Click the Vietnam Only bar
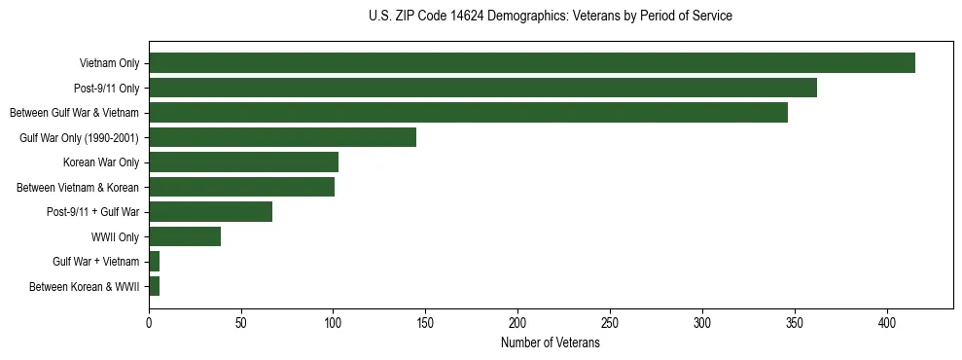pos(532,63)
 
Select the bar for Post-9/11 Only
pos(482,88)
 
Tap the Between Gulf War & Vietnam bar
pos(468,113)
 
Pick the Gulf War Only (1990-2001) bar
pos(282,137)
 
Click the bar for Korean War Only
pos(243,162)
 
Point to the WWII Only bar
pos(185,236)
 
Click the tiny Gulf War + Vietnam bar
pos(154,262)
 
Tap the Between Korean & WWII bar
pos(154,286)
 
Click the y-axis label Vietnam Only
pos(109,63)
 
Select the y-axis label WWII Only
pos(115,236)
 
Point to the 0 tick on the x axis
pos(149,321)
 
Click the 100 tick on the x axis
pos(334,321)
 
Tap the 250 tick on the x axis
pos(610,321)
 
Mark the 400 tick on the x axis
pos(887,321)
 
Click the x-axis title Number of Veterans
pos(550,343)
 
